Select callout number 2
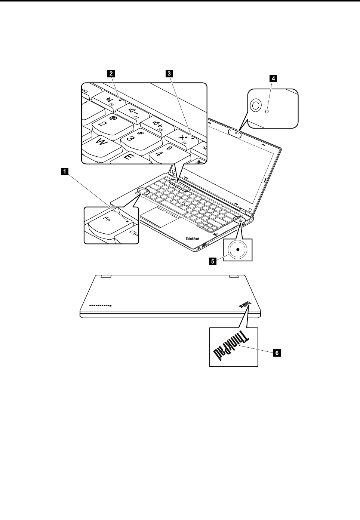(x=111, y=74)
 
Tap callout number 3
(x=170, y=74)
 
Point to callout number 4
(x=274, y=78)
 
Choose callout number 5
(x=212, y=262)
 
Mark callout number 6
(x=277, y=352)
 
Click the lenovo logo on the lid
(x=100, y=305)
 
